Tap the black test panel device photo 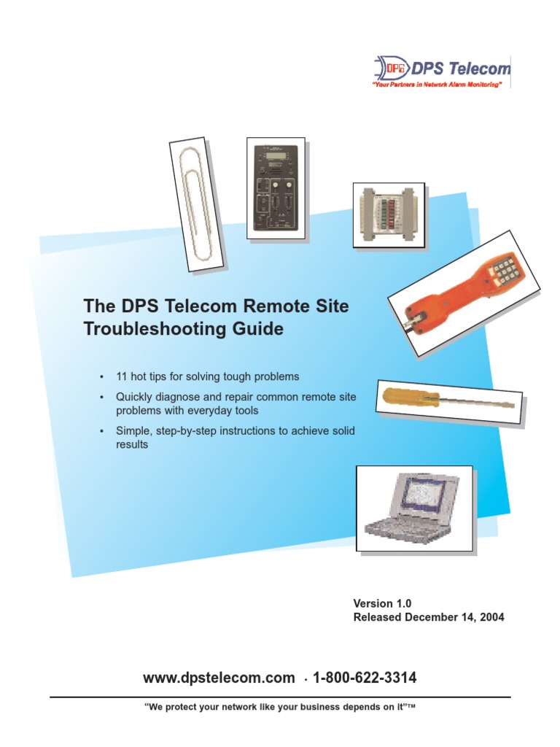tap(276, 187)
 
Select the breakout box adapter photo tap(388, 216)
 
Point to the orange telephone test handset tap(464, 293)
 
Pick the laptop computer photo tap(413, 509)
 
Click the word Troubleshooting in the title tap(166, 329)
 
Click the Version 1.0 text tap(383, 603)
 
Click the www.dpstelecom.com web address tap(219, 678)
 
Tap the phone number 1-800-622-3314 tap(365, 678)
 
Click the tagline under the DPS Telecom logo tap(437, 85)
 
